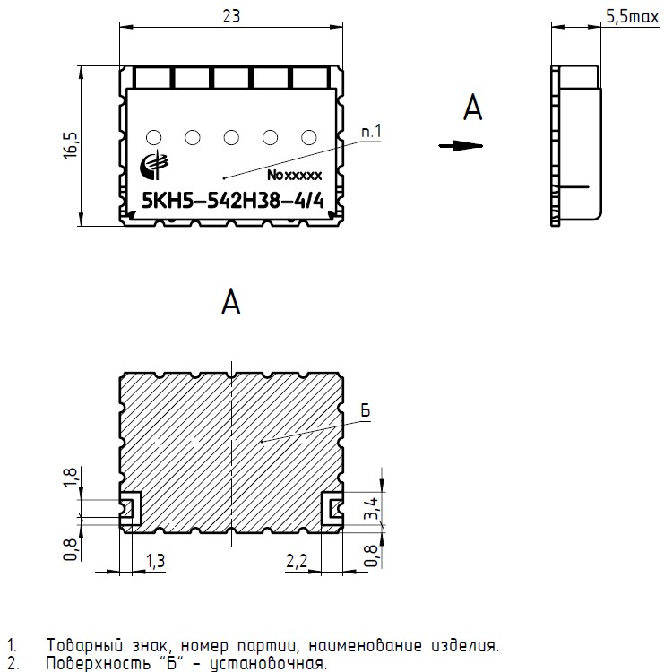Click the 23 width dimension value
tap(231, 16)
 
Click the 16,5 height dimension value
tap(71, 146)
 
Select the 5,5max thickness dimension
tap(632, 16)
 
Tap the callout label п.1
tap(371, 132)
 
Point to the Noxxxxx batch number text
tap(294, 175)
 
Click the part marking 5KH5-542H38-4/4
tap(233, 201)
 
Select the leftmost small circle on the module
tap(154, 138)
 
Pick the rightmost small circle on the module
tap(308, 138)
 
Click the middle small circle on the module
tap(231, 138)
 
